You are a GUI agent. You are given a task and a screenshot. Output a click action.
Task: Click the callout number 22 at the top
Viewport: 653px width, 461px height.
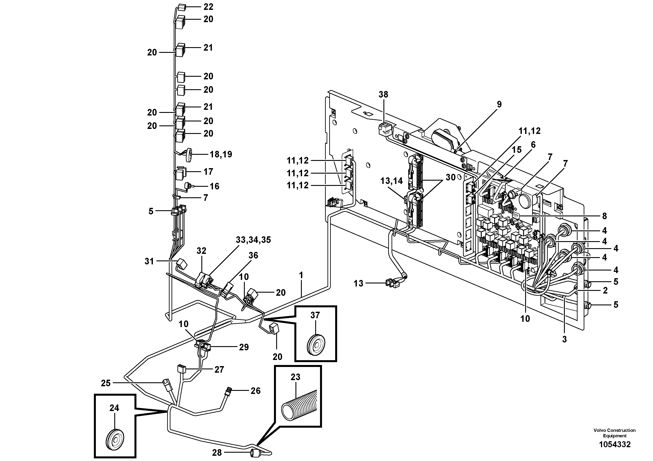(x=208, y=7)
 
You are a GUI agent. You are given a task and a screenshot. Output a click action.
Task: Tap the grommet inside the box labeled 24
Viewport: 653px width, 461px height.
(x=115, y=440)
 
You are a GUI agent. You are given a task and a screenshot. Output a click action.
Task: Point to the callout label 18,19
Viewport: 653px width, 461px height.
(x=221, y=154)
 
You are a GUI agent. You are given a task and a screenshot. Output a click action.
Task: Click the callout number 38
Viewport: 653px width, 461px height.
(x=383, y=94)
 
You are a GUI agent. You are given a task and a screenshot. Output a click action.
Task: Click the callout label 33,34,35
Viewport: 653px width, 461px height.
(x=253, y=240)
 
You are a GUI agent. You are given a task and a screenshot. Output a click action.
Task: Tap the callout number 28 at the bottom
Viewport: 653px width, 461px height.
(x=217, y=452)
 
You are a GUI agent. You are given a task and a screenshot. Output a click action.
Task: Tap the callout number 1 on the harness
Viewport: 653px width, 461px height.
(x=301, y=275)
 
